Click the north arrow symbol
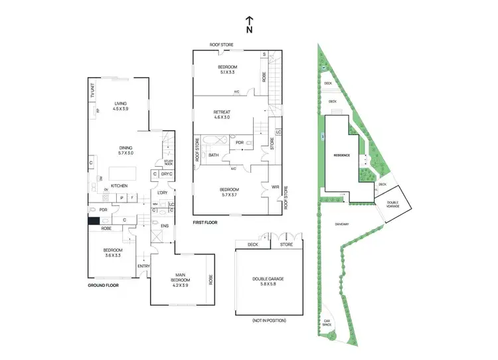pos(249,24)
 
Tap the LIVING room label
pos(120,106)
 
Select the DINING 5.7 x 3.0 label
pos(126,150)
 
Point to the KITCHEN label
pos(119,185)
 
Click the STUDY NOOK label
pos(169,161)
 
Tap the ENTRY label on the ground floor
pos(143,266)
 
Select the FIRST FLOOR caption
pos(205,223)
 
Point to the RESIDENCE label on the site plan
pos(342,155)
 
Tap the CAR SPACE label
pos(327,322)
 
